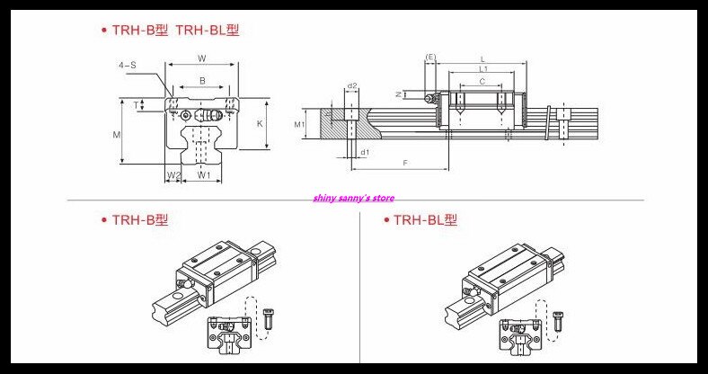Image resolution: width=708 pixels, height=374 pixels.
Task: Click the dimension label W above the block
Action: pos(201,59)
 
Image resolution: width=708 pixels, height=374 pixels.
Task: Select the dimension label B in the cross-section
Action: pos(201,81)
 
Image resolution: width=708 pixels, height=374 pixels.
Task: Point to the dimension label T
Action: pos(136,105)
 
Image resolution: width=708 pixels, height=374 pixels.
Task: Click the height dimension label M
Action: pos(117,134)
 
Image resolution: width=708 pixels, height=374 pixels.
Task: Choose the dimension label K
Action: pos(259,123)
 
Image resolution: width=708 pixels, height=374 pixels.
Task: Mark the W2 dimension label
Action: pos(173,174)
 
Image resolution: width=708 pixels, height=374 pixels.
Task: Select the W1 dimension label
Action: pos(204,174)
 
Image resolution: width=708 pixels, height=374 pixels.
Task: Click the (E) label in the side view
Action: pos(430,58)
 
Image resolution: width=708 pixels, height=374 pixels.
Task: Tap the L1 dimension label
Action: pos(482,69)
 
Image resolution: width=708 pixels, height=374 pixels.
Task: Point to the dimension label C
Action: pos(482,82)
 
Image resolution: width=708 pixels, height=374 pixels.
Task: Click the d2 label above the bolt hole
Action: pos(352,86)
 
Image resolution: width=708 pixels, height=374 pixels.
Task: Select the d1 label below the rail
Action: pos(364,153)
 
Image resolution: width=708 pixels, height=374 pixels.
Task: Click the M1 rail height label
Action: pos(302,123)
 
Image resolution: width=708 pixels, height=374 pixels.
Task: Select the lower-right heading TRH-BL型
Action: pos(423,219)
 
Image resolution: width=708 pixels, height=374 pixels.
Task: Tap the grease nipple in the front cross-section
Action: pos(185,115)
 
